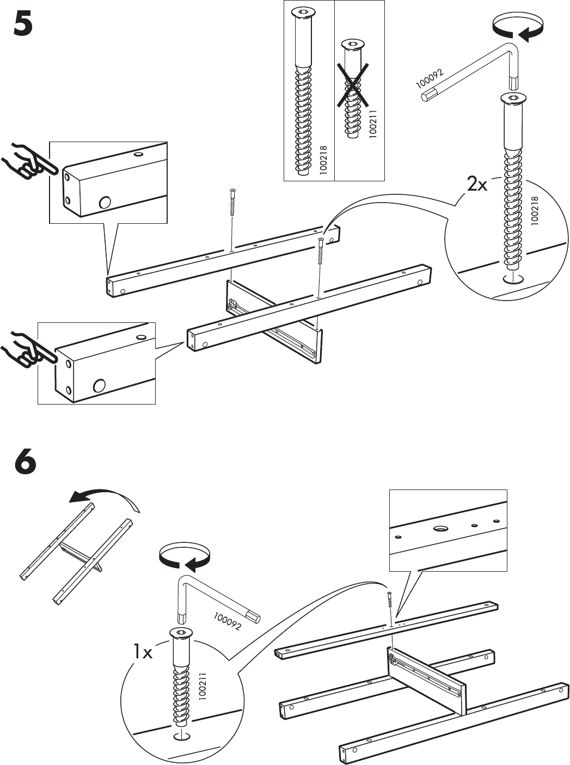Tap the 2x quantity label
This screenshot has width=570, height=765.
pyautogui.click(x=477, y=185)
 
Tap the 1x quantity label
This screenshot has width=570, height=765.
pyautogui.click(x=143, y=652)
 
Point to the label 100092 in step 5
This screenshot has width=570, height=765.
pyautogui.click(x=430, y=79)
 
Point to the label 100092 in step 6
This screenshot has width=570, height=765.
pyautogui.click(x=227, y=621)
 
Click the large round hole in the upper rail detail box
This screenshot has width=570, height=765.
pyautogui.click(x=103, y=203)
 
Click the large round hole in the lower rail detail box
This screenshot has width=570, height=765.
pyautogui.click(x=99, y=385)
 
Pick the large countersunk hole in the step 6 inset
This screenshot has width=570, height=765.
pyautogui.click(x=440, y=528)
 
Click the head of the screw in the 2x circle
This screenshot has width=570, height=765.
pyautogui.click(x=513, y=99)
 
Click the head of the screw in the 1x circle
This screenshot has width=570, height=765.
pyautogui.click(x=182, y=633)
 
